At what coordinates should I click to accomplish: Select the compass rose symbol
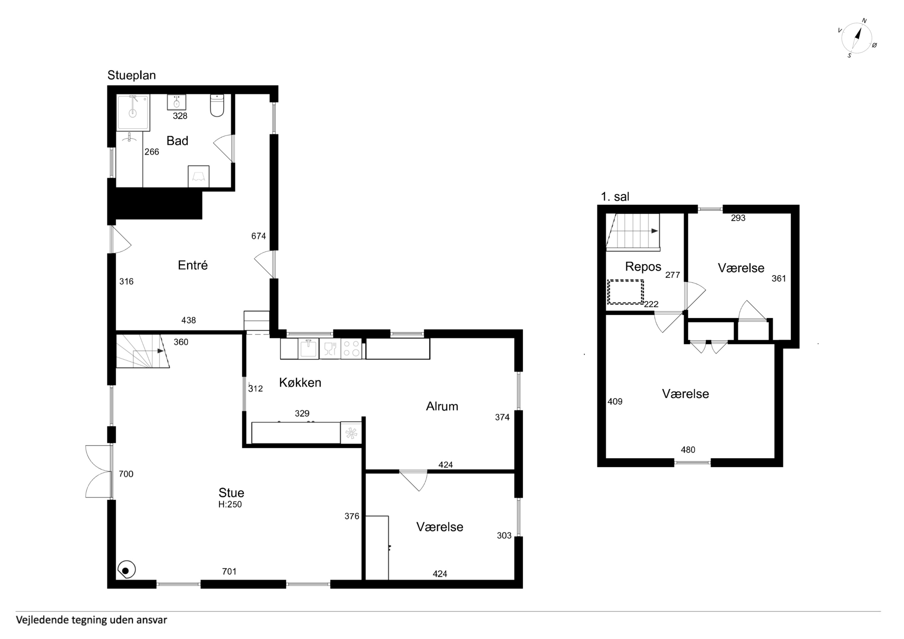click(x=858, y=38)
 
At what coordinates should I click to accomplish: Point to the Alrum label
click(x=442, y=406)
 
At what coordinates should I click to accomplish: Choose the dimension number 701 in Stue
click(x=229, y=571)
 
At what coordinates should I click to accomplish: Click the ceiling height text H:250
click(x=230, y=504)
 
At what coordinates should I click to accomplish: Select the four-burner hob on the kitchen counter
click(x=351, y=348)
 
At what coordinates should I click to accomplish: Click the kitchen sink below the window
click(x=308, y=349)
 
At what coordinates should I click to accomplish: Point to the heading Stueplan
click(x=131, y=75)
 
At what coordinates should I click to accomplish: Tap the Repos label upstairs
click(x=643, y=267)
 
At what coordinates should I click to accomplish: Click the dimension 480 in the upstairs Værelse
click(x=688, y=450)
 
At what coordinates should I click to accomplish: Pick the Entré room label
click(x=193, y=265)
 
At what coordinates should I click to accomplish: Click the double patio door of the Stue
click(x=99, y=471)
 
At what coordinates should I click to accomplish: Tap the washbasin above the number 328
click(x=177, y=102)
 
